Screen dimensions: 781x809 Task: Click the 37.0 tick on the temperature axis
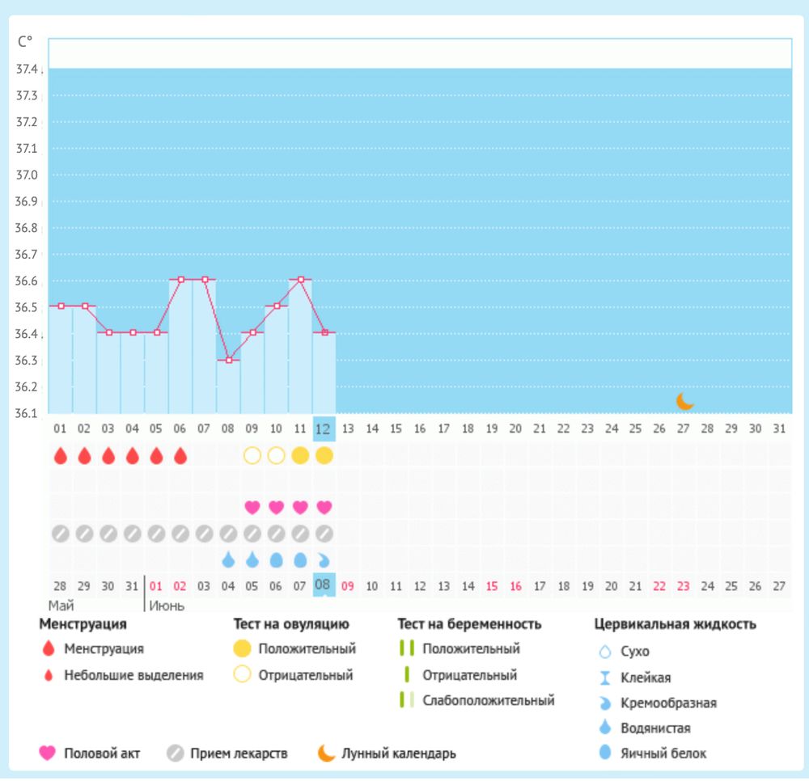27,175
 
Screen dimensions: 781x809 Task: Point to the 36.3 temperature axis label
27,360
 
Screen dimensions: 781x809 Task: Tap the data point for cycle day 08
229,360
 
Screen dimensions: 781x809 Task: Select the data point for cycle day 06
181,280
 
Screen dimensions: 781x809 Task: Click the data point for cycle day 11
301,280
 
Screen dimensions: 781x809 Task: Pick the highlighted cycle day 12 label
324,428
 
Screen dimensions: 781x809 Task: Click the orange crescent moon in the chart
685,401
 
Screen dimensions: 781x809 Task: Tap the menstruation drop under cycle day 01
61,455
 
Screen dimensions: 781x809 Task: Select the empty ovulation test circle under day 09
252,455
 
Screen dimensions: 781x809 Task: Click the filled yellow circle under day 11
300,455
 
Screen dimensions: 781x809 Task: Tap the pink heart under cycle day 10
276,507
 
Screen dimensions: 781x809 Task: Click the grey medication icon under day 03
108,534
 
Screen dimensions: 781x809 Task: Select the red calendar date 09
348,585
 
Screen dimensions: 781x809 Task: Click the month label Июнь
166,605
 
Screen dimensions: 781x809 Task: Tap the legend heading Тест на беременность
469,624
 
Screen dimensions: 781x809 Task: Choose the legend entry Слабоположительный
489,701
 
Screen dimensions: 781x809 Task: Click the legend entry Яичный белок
663,754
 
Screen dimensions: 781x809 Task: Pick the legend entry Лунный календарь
399,754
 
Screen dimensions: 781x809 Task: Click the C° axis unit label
25,42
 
